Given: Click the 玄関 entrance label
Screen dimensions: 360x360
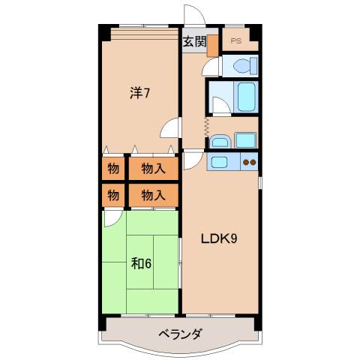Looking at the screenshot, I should (x=193, y=42).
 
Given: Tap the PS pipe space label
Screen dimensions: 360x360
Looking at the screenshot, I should (x=236, y=40).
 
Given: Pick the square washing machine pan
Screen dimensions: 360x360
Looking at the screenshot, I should (x=245, y=139).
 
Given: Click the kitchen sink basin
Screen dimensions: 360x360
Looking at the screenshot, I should (x=222, y=160).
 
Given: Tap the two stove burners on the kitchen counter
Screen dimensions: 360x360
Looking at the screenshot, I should (x=249, y=162).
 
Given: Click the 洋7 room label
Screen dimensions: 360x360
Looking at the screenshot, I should (x=140, y=93).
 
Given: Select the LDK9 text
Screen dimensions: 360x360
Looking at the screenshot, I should (x=219, y=240).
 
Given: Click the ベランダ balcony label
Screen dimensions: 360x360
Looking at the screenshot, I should (x=179, y=334).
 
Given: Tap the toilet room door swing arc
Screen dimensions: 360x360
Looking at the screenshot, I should (x=212, y=67).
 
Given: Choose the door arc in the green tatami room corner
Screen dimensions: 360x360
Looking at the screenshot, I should (x=112, y=218).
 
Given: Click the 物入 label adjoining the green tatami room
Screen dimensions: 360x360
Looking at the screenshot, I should (x=153, y=196).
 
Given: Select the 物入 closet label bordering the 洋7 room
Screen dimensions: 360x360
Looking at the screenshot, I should (x=153, y=169).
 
